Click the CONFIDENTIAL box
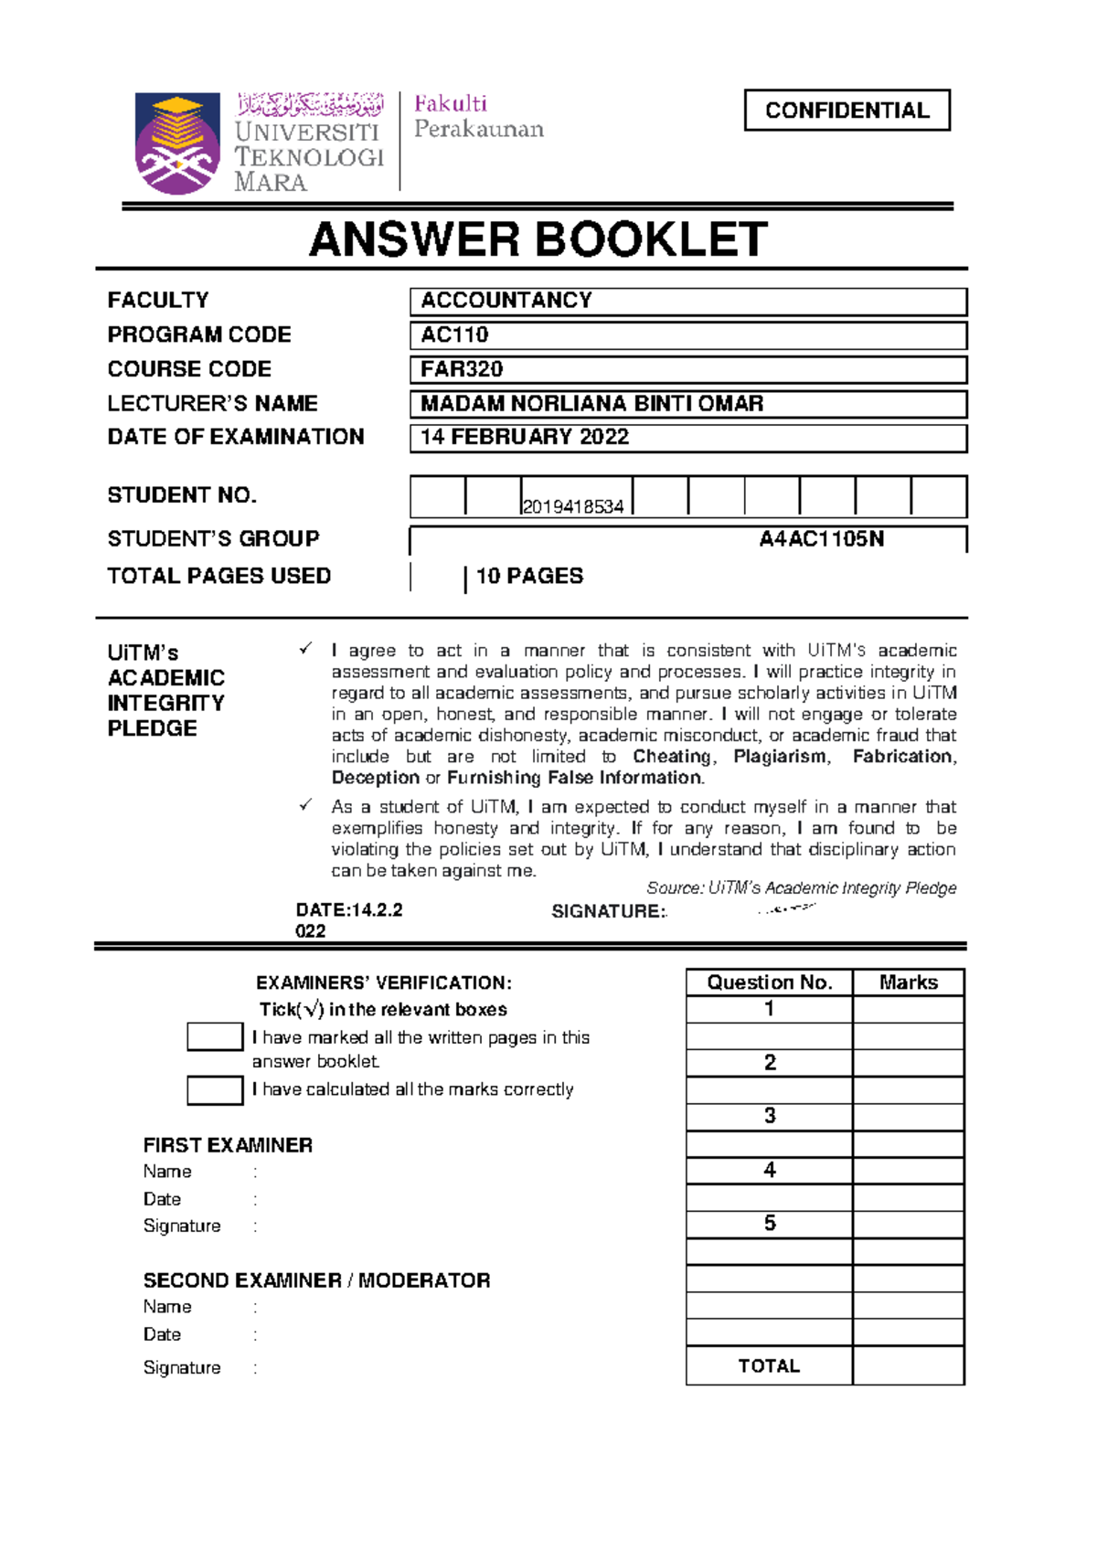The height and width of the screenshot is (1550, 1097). coord(847,111)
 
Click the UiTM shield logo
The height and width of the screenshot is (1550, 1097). coord(177,143)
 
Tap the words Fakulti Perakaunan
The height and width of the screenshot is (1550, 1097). coord(478,116)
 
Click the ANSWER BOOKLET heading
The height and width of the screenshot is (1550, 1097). coord(538,240)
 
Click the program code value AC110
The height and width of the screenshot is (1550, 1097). coord(454,334)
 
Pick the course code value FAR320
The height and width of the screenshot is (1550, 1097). coord(462,369)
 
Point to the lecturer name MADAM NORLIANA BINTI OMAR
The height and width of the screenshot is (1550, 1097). coord(591,403)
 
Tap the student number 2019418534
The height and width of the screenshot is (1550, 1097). coord(573,506)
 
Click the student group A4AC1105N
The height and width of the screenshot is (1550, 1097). coord(821,539)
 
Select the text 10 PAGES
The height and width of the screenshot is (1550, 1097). coord(529,576)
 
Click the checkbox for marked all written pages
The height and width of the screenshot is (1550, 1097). coord(215,1036)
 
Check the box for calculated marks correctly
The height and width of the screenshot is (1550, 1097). coord(215,1090)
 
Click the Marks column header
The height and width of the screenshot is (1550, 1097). coord(908,982)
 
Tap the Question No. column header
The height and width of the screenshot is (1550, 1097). coord(769,982)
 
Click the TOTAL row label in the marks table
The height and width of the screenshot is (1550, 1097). coord(769,1365)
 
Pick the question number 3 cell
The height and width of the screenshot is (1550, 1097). coord(770,1116)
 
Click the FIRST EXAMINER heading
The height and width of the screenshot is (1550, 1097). coord(228,1145)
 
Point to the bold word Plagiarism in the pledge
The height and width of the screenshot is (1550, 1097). coord(780,757)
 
